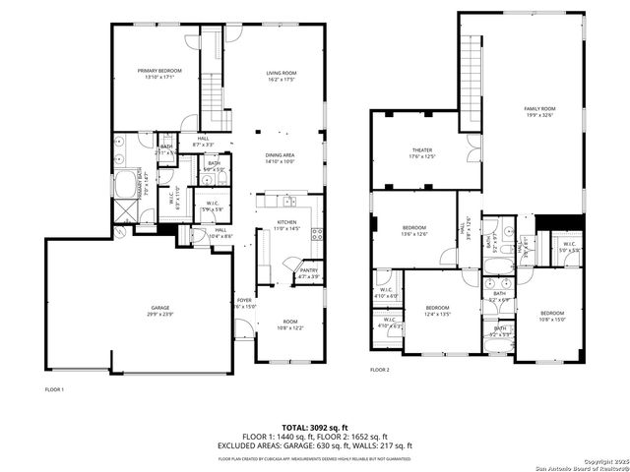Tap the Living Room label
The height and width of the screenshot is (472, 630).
click(282, 77)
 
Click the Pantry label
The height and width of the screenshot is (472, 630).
click(310, 272)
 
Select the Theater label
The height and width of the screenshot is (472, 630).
click(421, 153)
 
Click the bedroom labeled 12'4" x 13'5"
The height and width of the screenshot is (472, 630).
click(437, 311)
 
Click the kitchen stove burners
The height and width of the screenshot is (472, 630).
click(316, 234)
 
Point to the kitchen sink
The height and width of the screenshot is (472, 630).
click(288, 202)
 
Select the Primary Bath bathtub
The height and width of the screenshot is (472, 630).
click(127, 187)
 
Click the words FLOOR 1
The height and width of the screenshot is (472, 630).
click(54, 389)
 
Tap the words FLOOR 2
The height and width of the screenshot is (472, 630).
click(380, 370)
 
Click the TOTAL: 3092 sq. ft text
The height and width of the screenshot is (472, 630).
click(314, 428)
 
